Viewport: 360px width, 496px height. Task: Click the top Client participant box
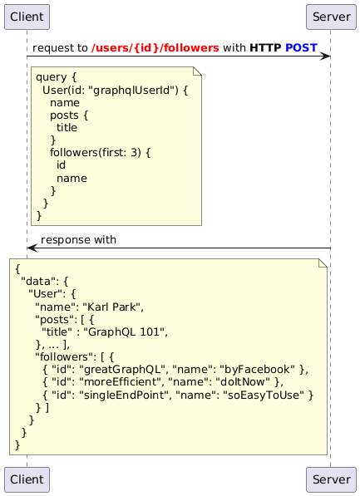27,17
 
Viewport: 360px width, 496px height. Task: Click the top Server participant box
331,17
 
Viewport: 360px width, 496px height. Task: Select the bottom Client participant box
27,479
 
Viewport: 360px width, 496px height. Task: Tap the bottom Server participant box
331,479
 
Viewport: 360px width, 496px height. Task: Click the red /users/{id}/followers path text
155,47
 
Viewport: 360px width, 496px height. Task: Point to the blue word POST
301,47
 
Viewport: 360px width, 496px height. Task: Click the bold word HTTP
265,47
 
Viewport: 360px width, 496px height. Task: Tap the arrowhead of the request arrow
325,56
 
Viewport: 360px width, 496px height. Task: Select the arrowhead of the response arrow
32,248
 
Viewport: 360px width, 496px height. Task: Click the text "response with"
78,240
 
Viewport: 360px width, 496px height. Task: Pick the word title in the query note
67,127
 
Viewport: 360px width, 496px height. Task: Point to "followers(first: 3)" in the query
96,153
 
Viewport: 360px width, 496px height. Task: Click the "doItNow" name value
243,382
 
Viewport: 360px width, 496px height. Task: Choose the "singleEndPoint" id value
124,395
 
